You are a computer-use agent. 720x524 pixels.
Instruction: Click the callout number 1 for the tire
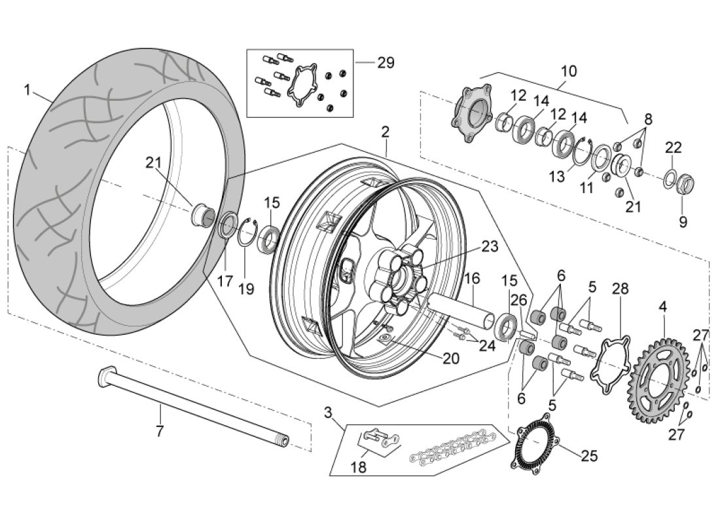pyautogui.click(x=27, y=90)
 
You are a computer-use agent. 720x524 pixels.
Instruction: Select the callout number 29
pyautogui.click(x=386, y=63)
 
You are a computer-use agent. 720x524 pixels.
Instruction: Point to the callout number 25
pyautogui.click(x=589, y=456)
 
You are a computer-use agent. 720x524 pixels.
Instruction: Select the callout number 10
pyautogui.click(x=569, y=70)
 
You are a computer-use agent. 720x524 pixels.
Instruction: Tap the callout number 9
pyautogui.click(x=683, y=222)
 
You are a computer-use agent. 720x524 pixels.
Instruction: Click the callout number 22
pyautogui.click(x=674, y=148)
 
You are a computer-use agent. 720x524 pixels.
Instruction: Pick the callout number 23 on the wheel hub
pyautogui.click(x=489, y=247)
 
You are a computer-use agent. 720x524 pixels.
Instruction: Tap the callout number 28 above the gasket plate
pyautogui.click(x=619, y=289)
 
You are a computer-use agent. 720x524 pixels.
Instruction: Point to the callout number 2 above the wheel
pyautogui.click(x=385, y=132)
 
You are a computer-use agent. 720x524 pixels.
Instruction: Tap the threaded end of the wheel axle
pyautogui.click(x=283, y=440)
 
